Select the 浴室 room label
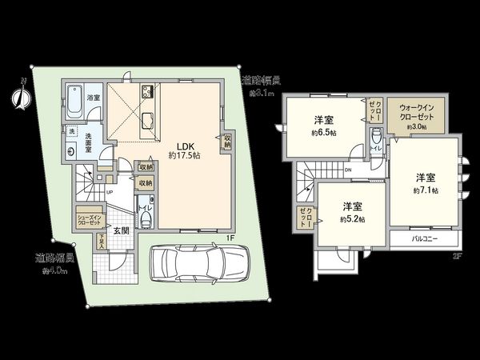tap(94, 98)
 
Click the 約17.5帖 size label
tap(184, 155)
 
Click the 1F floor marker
tap(228, 238)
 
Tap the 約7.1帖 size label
tap(425, 190)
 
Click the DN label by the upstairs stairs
tap(349, 170)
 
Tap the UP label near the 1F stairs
tap(109, 193)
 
